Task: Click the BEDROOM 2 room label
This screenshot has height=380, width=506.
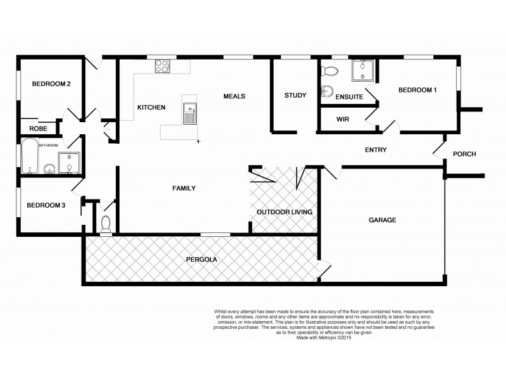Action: (x=51, y=84)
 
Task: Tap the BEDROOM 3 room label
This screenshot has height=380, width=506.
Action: (x=45, y=205)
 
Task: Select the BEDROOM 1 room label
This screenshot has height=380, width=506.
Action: (x=417, y=91)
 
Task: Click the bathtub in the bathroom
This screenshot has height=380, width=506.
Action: (x=30, y=156)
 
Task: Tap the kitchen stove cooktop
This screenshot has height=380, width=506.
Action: (x=163, y=65)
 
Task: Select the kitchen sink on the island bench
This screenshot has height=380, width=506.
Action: (x=189, y=113)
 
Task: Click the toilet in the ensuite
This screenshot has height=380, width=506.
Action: (x=328, y=91)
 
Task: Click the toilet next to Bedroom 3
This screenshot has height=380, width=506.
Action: (x=106, y=223)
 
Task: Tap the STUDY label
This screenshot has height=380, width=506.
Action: (x=295, y=96)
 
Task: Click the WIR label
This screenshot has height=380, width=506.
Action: (x=343, y=119)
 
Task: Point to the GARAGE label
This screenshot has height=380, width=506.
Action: (x=382, y=220)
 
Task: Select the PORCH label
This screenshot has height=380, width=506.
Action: (x=464, y=154)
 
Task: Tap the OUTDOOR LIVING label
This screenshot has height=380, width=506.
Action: (x=284, y=212)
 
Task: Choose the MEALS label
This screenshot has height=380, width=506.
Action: (x=234, y=96)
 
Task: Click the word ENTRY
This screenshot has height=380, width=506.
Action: (x=376, y=150)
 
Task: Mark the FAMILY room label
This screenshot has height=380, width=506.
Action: (x=185, y=188)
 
